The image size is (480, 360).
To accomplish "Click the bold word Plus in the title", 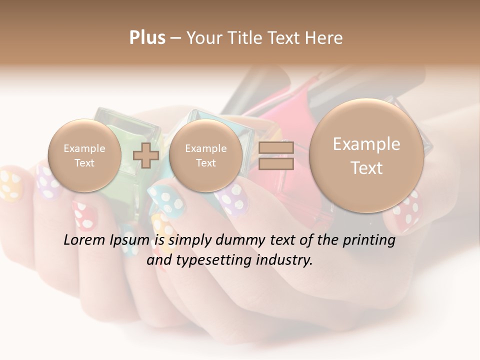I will pyautogui.click(x=147, y=38).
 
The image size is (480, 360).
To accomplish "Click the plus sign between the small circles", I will pyautogui.click(x=145, y=155).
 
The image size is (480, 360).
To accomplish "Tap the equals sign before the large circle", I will pyautogui.click(x=276, y=155).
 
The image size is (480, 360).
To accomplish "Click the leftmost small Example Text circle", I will pyautogui.click(x=84, y=155).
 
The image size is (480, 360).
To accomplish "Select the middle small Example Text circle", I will pyautogui.click(x=205, y=155).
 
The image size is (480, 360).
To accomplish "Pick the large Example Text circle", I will pyautogui.click(x=366, y=155).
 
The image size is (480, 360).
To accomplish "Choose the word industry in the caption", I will pyautogui.click(x=286, y=260).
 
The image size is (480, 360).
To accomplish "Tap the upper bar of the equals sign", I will pyautogui.click(x=276, y=147).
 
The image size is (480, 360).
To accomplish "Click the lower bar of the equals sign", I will pyautogui.click(x=276, y=163).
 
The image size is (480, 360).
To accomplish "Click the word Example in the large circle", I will pyautogui.click(x=366, y=144).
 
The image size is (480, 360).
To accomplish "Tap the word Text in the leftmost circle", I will pyautogui.click(x=84, y=163).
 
